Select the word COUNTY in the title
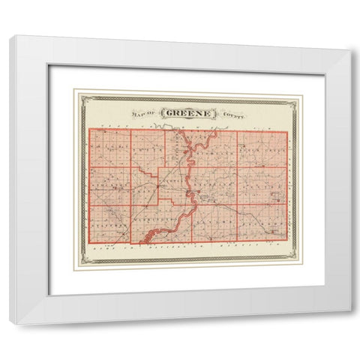pos(233,115)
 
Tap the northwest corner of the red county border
pos(89,129)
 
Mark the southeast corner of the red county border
pos(287,241)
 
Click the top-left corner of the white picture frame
pos(10,35)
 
